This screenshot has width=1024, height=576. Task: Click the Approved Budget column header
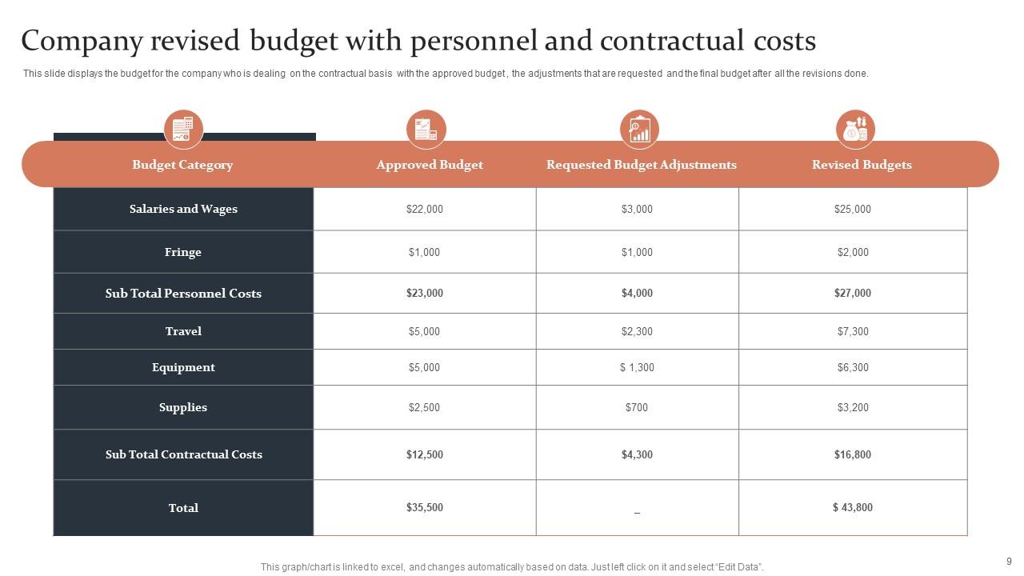point(430,165)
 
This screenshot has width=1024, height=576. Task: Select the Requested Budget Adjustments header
point(641,165)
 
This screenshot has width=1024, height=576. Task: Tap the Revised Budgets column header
point(862,165)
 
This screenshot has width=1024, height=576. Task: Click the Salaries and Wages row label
point(183,209)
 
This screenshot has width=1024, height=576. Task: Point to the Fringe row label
point(183,252)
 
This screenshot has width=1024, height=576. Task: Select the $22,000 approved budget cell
point(424,209)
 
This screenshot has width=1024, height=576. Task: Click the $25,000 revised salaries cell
point(852,209)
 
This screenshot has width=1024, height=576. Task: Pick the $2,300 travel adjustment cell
point(637,331)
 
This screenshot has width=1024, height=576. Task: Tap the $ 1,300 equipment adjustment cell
point(637,367)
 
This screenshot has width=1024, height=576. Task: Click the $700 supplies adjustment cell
point(637,407)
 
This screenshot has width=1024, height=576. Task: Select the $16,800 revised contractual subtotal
point(852,454)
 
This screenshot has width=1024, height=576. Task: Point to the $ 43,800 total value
point(852,507)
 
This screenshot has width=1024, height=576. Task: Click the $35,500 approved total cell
point(424,507)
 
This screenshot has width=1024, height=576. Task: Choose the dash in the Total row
point(637,510)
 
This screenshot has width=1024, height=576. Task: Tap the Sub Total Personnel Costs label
point(183,294)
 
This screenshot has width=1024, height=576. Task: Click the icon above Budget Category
point(183,129)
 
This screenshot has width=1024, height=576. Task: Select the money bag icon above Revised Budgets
point(855,129)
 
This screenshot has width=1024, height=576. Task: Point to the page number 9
point(1009,562)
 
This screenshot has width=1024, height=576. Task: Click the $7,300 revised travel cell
point(852,331)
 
